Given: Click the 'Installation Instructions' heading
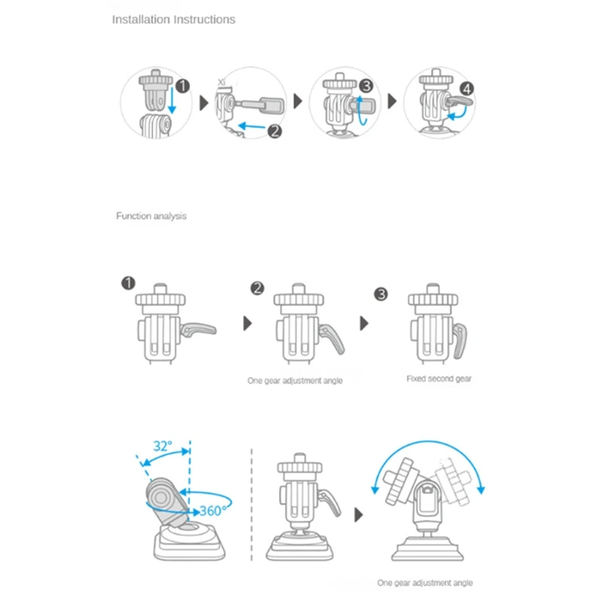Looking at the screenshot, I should tap(173, 20).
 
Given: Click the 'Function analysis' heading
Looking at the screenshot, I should tap(151, 216).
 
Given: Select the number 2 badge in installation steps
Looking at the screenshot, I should tap(274, 130).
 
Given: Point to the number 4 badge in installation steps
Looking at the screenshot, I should tap(467, 89).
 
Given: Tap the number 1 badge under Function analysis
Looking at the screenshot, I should tap(127, 283).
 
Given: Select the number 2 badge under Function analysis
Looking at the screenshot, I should tap(258, 288).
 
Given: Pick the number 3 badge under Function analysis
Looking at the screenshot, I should tap(381, 293).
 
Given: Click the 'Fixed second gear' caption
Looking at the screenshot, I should tap(439, 378).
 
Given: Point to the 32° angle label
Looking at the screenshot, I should tap(162, 445).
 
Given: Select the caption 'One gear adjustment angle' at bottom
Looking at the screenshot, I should tap(425, 583).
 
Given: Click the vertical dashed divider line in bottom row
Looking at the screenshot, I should tap(251, 505).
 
